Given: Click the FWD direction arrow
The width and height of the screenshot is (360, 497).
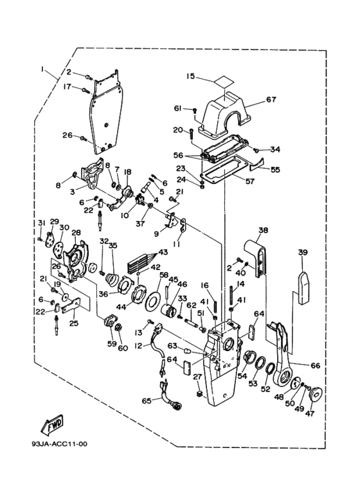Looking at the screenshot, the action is click(x=53, y=424).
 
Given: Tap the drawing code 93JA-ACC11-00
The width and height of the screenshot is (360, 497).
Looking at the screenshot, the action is click(x=59, y=444).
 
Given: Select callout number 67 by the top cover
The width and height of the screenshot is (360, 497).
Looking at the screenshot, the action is click(x=271, y=100).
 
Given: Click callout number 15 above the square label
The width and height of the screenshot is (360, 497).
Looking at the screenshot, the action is click(x=191, y=77).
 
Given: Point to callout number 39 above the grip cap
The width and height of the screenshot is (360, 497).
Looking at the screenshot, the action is click(x=302, y=252).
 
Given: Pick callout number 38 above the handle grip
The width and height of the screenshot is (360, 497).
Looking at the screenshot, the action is click(x=263, y=230).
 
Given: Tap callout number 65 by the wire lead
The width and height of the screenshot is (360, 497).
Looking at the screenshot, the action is click(x=147, y=401).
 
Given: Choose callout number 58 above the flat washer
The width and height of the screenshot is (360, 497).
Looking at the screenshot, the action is click(x=164, y=275).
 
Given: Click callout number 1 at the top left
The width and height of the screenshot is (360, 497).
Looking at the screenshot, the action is click(x=42, y=69).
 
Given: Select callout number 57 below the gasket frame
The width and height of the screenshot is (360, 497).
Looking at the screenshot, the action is click(x=250, y=182).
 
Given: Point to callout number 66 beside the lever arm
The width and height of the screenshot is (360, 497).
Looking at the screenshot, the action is click(x=315, y=366).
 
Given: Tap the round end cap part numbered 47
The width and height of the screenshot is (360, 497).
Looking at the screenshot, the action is click(x=314, y=395).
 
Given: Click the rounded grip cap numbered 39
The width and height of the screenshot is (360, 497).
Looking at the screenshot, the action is click(x=303, y=288).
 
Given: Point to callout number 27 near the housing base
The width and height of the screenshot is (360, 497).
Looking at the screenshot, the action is click(x=197, y=377).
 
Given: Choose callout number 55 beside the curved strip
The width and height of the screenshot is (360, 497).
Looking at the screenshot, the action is click(x=275, y=170).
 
